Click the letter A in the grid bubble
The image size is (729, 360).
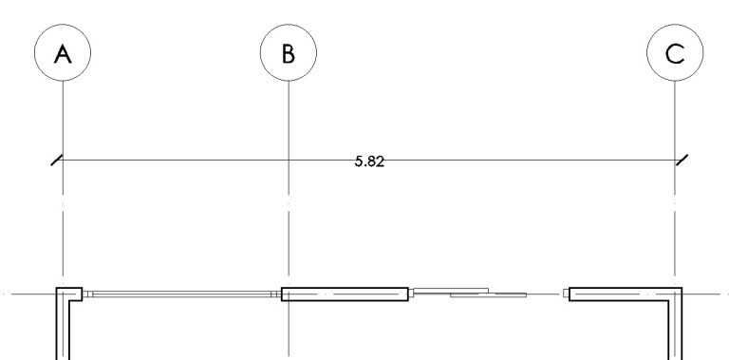pyautogui.click(x=63, y=53)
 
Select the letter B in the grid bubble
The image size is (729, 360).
pyautogui.click(x=289, y=53)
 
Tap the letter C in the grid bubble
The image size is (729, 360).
pyautogui.click(x=675, y=53)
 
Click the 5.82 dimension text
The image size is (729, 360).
pyautogui.click(x=369, y=161)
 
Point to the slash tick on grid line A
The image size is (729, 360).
pyautogui.click(x=57, y=160)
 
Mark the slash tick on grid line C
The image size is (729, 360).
pyautogui.click(x=682, y=160)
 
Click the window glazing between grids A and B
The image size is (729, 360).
pyautogui.click(x=182, y=294)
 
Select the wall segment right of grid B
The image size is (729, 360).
pyautogui.click(x=345, y=294)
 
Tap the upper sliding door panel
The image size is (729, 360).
pyautogui.click(x=451, y=291)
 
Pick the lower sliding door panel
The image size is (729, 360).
pyautogui.click(x=488, y=294)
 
